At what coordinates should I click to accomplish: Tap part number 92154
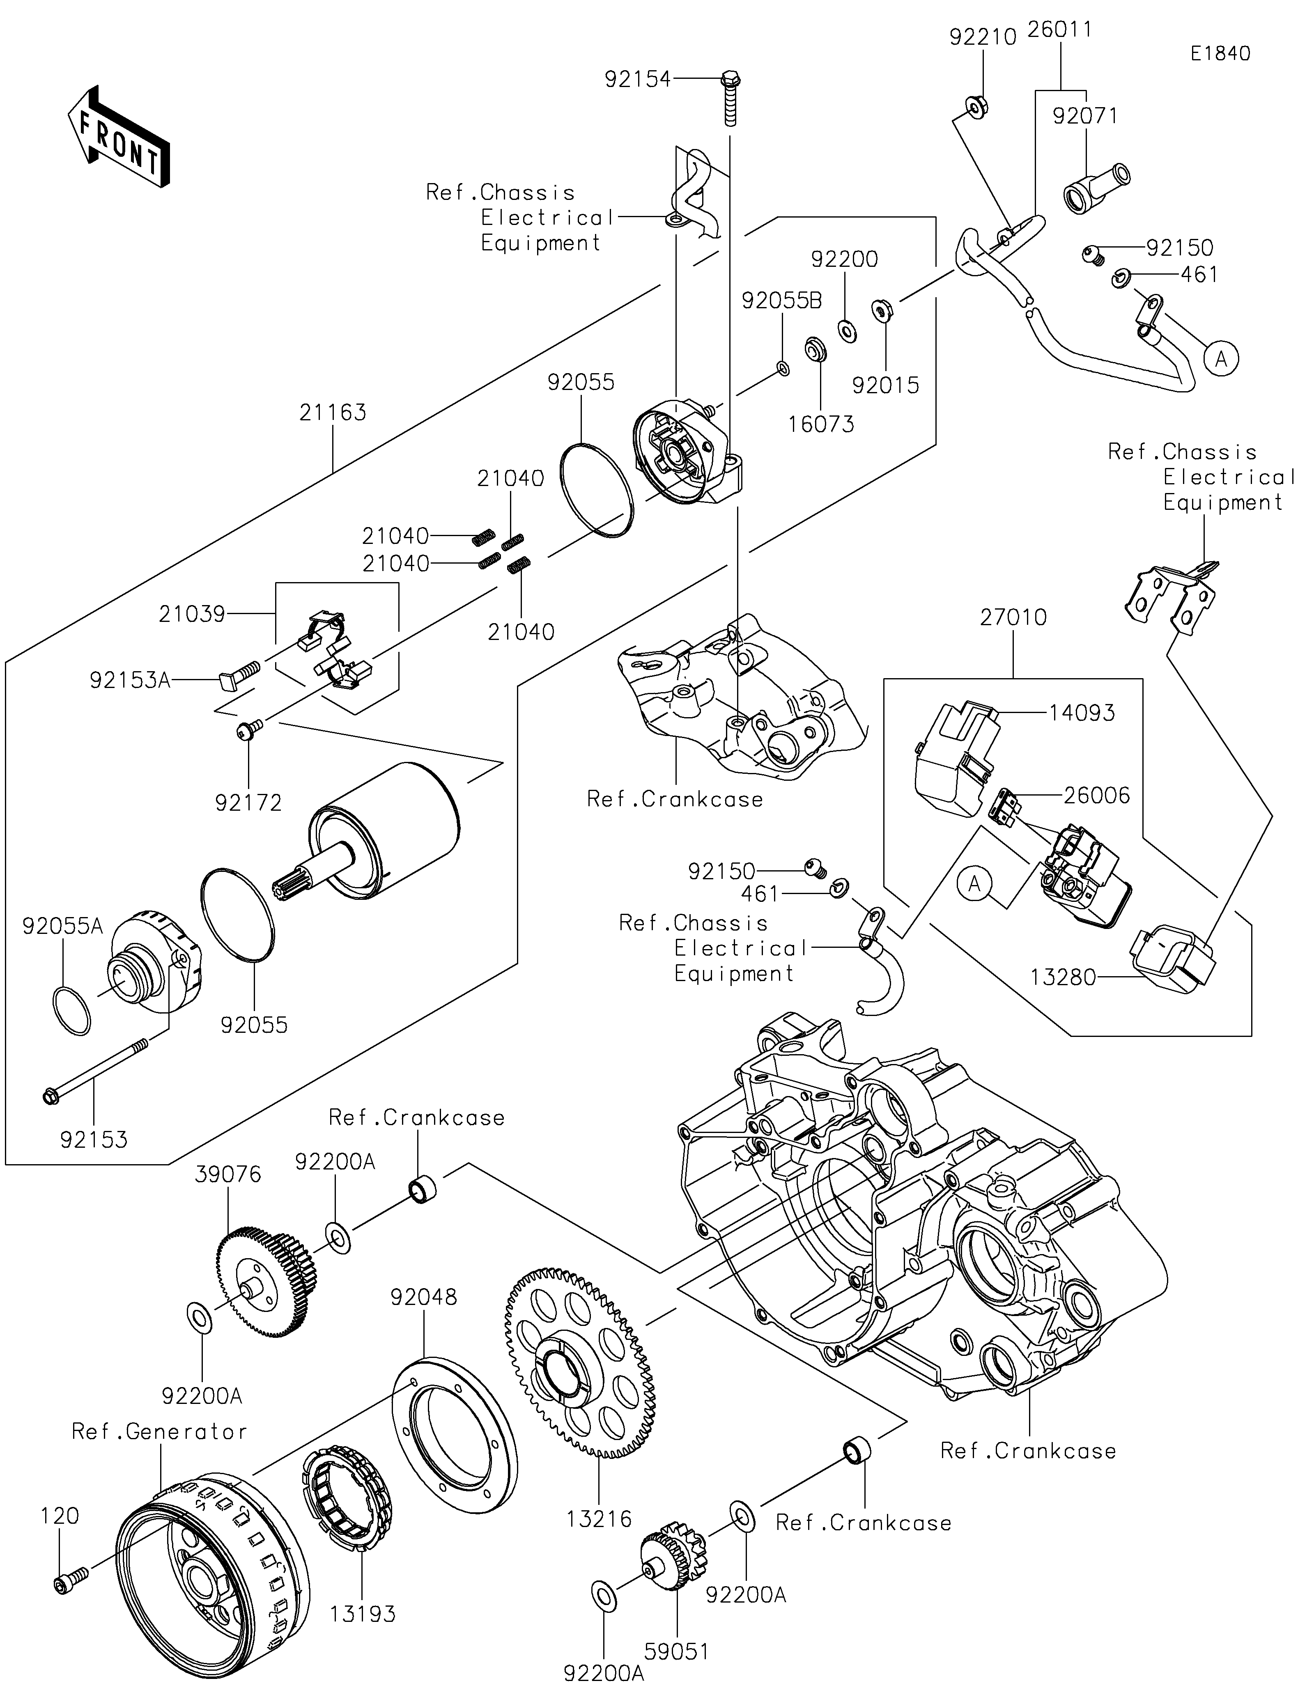click(x=637, y=79)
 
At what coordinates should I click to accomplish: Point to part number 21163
click(x=333, y=413)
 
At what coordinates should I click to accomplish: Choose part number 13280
click(x=1063, y=977)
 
